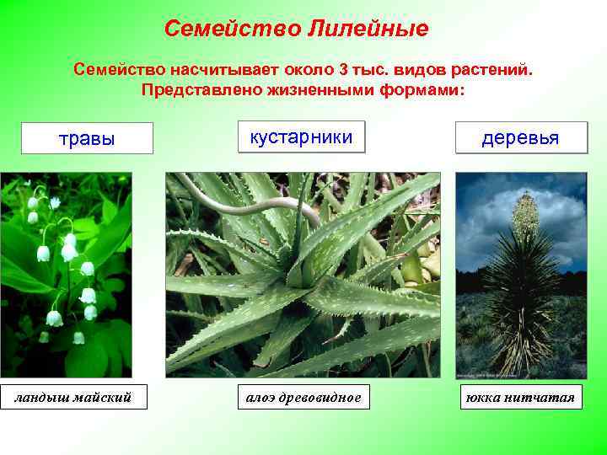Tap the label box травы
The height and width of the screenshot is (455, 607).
(87, 139)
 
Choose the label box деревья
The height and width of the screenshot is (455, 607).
(520, 137)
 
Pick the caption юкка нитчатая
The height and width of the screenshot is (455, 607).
(521, 396)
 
